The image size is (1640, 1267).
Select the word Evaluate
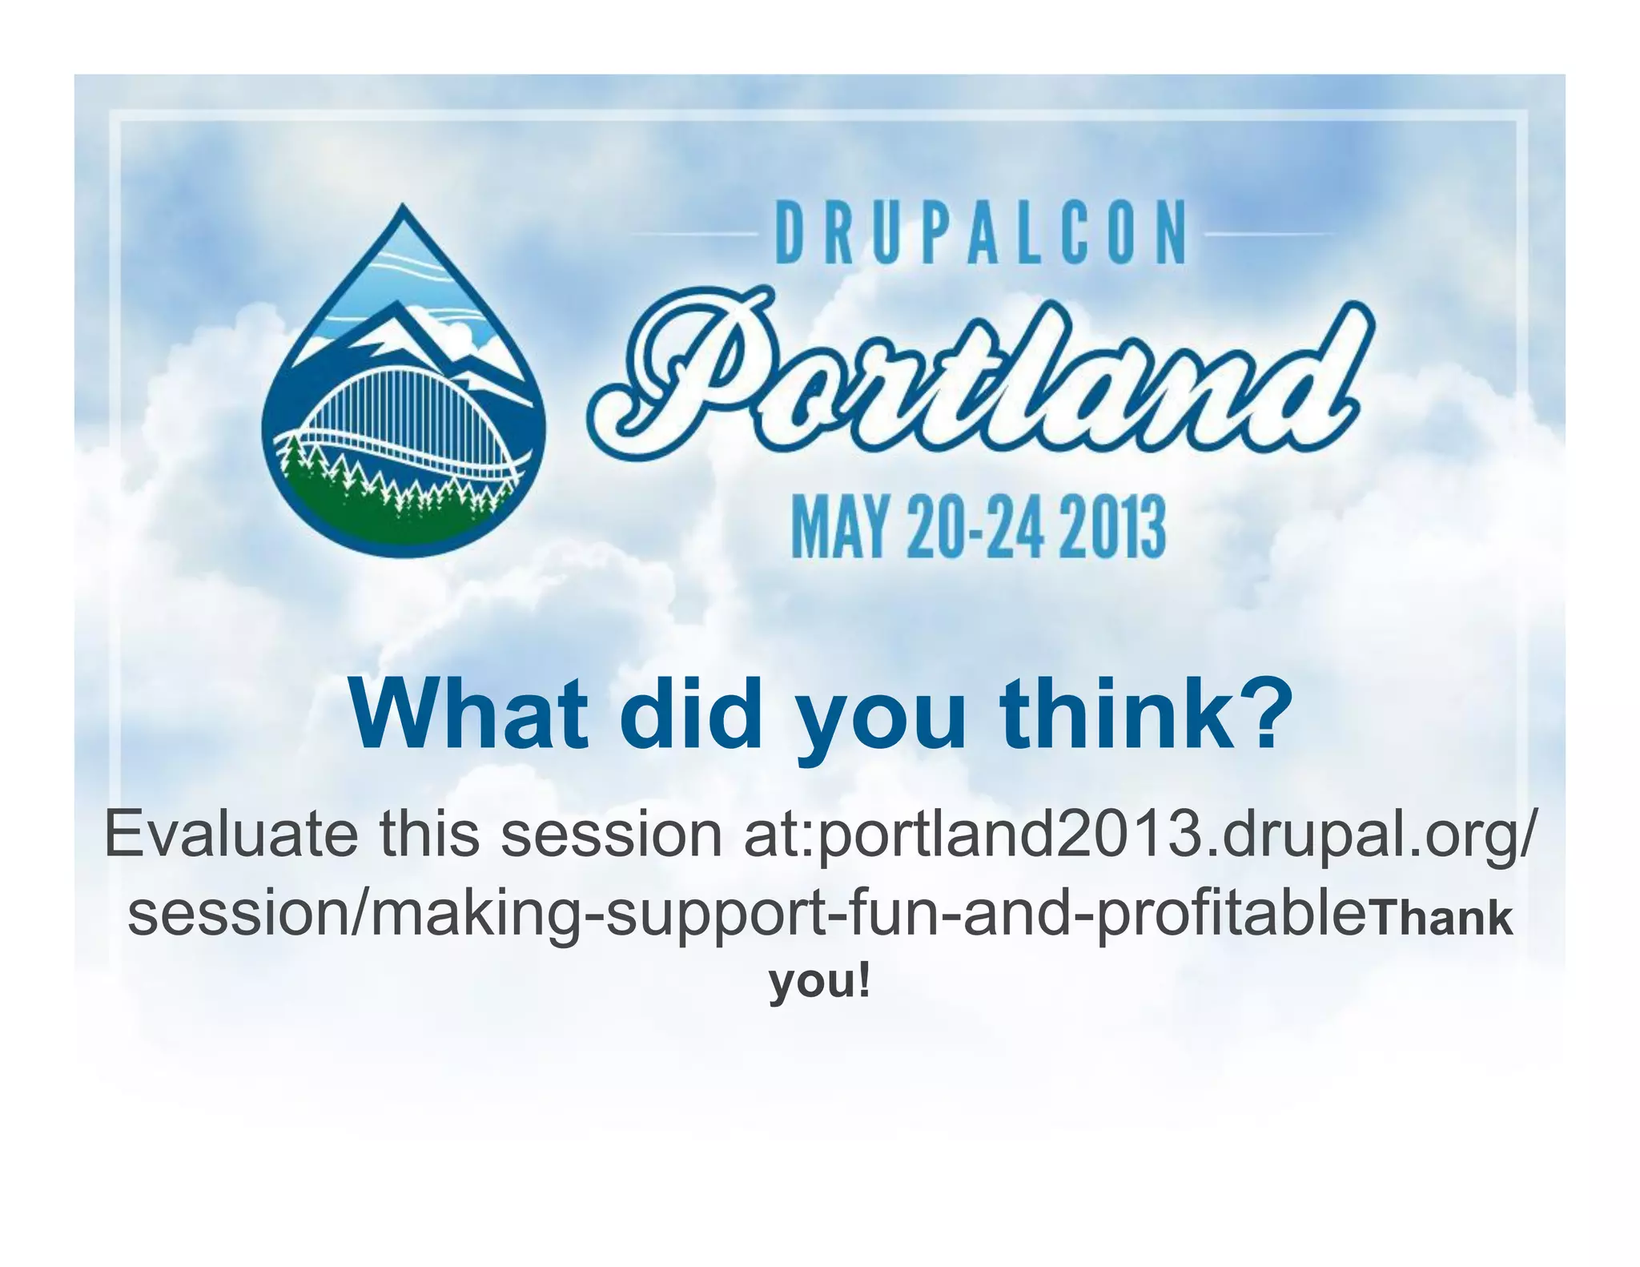pos(231,835)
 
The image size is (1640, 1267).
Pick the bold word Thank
pos(1442,919)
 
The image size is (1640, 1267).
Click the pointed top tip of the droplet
pos(403,207)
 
